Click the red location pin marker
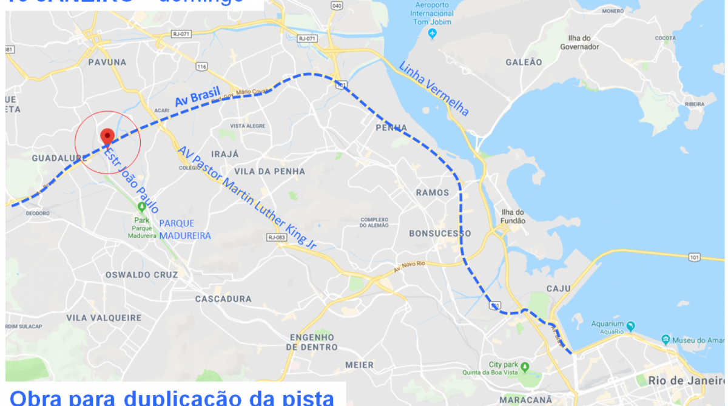point(107,137)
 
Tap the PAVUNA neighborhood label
point(107,62)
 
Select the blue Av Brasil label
point(197,98)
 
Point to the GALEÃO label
point(524,62)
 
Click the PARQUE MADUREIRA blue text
point(185,229)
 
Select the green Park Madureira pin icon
point(141,206)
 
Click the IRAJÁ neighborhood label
point(224,154)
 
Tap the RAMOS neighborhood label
point(433,192)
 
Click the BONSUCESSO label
point(440,233)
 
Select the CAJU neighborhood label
point(559,288)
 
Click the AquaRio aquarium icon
point(630,326)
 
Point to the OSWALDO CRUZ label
point(142,275)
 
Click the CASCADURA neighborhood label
point(223,299)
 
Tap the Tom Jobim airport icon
point(432,33)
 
